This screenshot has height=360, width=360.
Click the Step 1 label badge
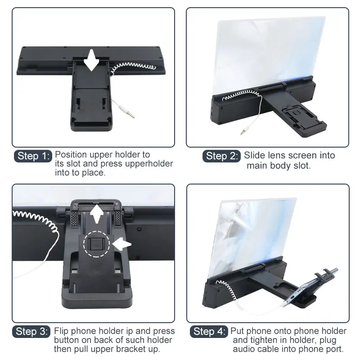[33, 156]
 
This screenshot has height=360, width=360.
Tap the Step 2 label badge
[221, 156]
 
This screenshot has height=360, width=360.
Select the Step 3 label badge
[31, 332]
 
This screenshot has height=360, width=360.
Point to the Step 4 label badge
[209, 332]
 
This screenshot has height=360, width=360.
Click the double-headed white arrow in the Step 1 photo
[91, 60]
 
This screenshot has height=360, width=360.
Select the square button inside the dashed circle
[96, 244]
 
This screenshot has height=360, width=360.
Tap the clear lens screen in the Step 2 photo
[269, 55]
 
